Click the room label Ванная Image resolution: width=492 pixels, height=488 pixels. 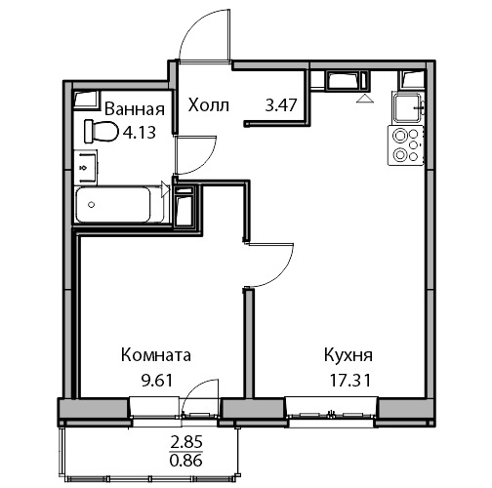coord(135,109)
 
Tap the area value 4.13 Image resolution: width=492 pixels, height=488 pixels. coord(140,133)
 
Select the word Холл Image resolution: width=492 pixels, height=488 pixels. coord(209,105)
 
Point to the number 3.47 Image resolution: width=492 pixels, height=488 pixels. coord(281,105)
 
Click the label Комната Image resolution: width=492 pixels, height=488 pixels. coord(156,355)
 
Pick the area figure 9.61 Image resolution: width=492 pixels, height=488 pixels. coord(156,380)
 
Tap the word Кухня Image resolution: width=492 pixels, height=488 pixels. coord(348,355)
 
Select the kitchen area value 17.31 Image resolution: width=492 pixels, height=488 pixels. coord(350,380)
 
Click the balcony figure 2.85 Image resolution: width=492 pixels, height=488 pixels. coord(186,442)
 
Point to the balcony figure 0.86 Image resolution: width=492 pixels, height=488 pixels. coord(186,461)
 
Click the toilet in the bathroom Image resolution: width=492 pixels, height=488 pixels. coord(102,132)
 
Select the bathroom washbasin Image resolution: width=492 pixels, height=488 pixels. coord(86,168)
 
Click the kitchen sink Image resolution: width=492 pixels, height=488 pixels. coord(408,107)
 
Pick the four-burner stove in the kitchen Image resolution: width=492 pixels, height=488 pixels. coord(406,145)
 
